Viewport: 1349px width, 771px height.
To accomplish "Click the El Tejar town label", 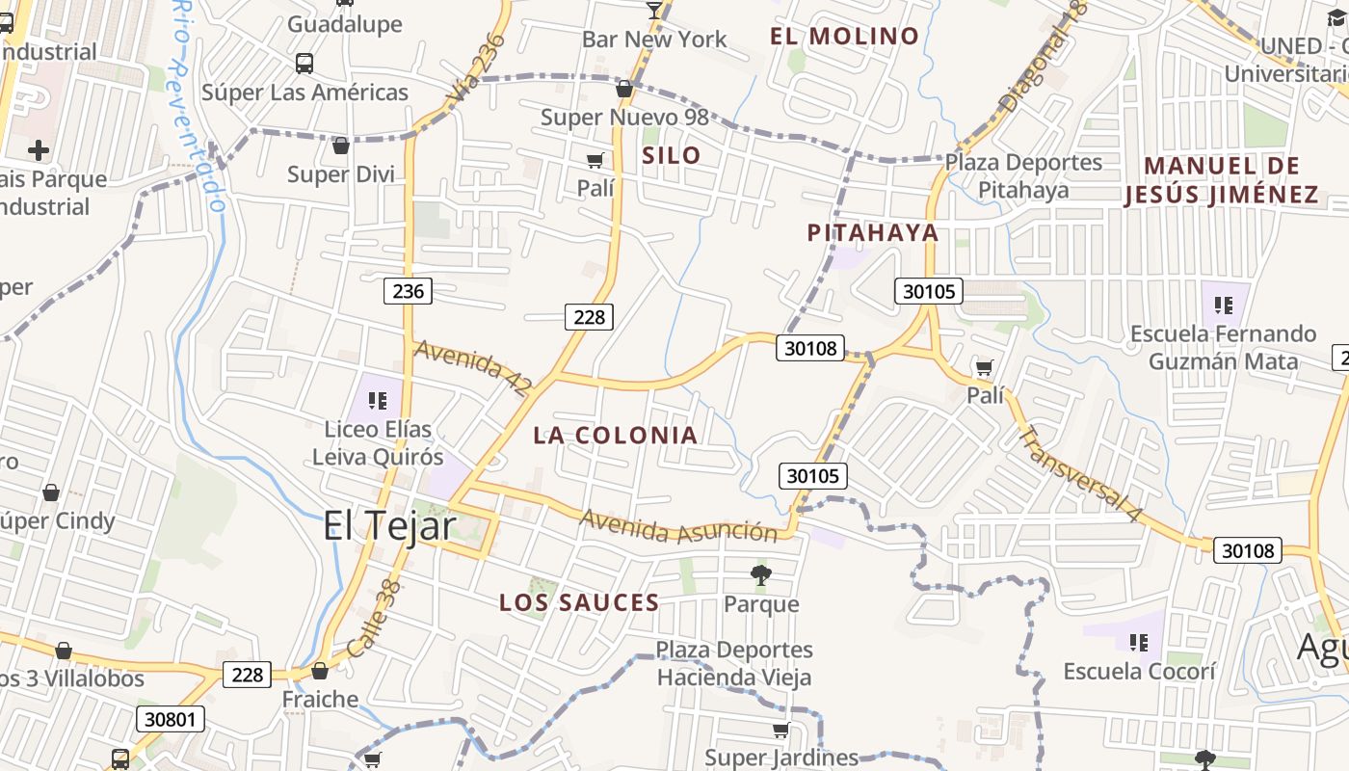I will [389, 525].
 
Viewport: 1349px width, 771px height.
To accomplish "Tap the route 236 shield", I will [408, 290].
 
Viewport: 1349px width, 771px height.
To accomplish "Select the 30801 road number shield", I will [171, 718].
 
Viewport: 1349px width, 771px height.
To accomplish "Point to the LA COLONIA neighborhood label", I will [616, 435].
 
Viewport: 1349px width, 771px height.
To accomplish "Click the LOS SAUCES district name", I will [579, 603].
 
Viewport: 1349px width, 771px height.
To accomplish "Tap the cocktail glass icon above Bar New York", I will [654, 11].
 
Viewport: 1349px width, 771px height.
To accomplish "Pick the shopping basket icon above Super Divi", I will [340, 146].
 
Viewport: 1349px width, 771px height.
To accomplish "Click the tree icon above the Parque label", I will [761, 576].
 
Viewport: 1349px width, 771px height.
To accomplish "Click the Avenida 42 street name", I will [473, 367].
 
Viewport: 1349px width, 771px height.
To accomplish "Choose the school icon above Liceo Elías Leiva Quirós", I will [378, 400].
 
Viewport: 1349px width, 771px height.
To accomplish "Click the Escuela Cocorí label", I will [1139, 671].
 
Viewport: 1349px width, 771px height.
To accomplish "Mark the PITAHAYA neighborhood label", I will [872, 232].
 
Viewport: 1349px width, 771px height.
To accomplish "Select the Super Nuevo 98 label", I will [624, 118].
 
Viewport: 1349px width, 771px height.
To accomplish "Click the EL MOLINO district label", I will [844, 37].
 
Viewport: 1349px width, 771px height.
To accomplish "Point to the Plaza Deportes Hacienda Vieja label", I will [734, 663].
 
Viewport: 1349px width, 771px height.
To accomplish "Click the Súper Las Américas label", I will [304, 93].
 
